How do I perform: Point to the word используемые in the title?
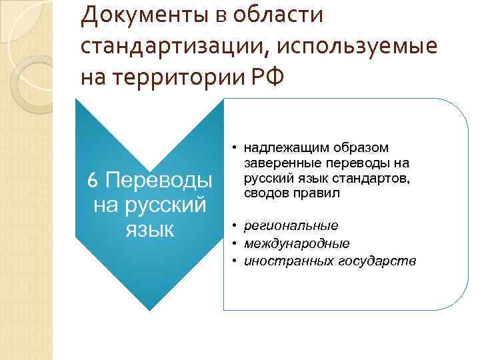point(358,47)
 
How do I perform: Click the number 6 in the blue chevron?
point(93,180)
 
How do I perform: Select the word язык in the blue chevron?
point(149,228)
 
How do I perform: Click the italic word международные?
point(297,243)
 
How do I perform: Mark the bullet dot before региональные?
point(236,225)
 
